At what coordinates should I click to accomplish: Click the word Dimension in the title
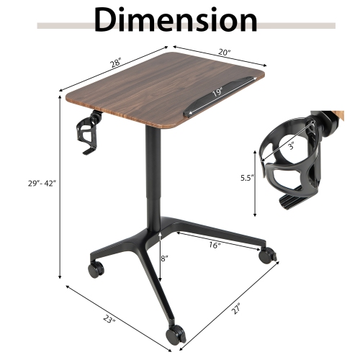click(176, 20)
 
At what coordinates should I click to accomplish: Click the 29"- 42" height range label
click(35, 183)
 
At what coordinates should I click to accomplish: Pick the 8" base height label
click(166, 257)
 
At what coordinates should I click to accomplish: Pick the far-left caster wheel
click(94, 269)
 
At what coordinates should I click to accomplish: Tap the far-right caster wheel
click(266, 254)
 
